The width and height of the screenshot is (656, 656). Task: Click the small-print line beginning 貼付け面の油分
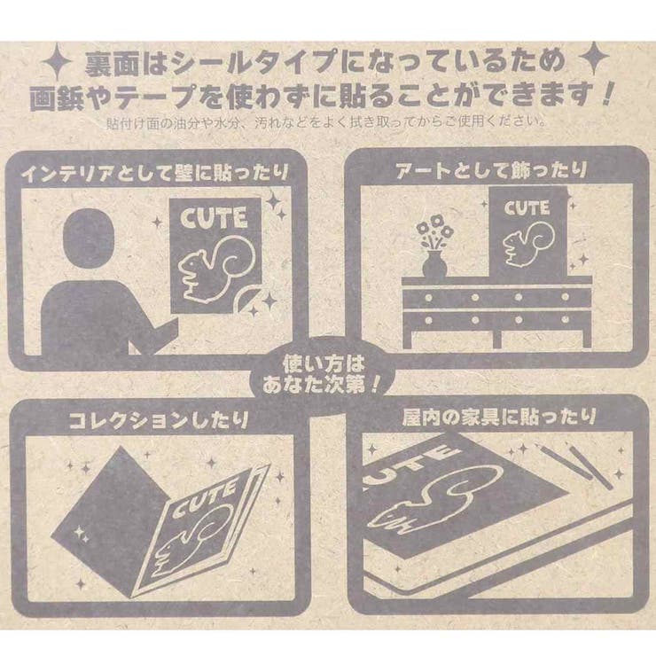click(327, 121)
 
